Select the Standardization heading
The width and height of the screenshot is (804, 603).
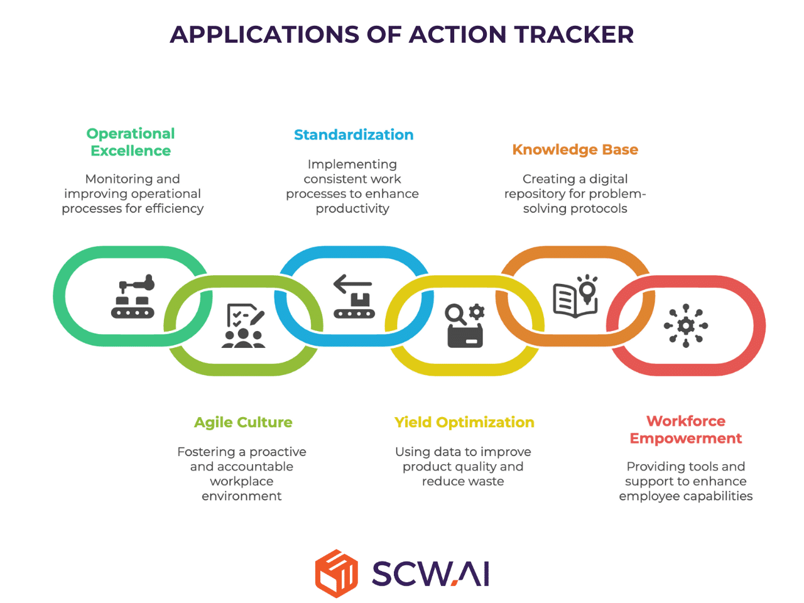(354, 134)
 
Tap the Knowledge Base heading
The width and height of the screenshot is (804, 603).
(575, 149)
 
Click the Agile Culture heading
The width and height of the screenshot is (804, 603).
(243, 423)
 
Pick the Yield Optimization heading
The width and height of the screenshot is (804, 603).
(464, 423)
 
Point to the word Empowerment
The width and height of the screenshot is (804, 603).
(686, 438)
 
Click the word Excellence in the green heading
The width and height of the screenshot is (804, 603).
(131, 151)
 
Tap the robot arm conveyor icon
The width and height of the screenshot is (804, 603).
(133, 296)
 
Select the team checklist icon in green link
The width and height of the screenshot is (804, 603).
(243, 325)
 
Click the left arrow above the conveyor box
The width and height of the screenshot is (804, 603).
(352, 284)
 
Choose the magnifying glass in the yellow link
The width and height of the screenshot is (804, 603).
(455, 314)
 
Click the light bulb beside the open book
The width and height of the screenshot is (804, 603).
(587, 289)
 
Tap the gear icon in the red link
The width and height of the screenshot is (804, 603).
(686, 325)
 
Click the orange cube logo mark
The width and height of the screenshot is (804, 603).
(336, 573)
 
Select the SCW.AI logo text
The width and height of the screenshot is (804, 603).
(430, 573)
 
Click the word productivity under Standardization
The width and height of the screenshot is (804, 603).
(352, 209)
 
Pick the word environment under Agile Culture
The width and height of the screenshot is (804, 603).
(242, 496)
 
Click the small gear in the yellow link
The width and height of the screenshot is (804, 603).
(477, 312)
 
